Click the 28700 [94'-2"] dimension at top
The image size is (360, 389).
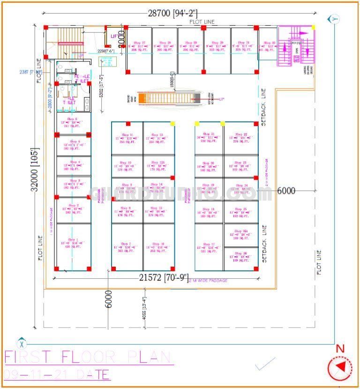[x=172, y=13]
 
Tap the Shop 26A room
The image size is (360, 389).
[x=241, y=235]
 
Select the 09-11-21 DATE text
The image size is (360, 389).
[x=57, y=374]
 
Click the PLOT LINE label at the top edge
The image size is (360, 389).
[x=202, y=22]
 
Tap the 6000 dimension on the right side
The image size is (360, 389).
[x=286, y=190]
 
